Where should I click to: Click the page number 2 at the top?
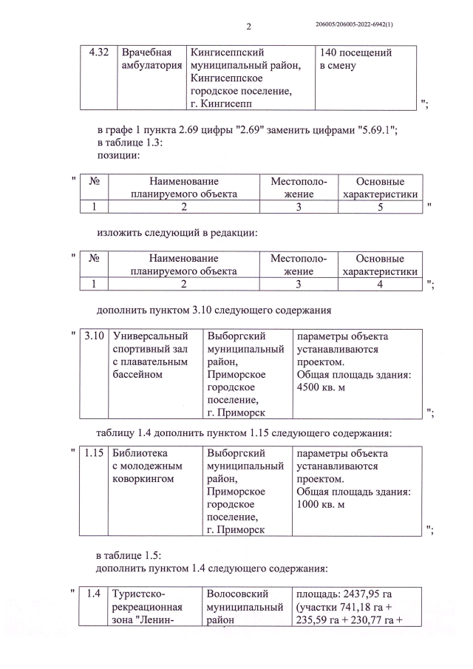248,27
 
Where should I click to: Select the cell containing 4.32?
98,53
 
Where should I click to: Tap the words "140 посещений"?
355,53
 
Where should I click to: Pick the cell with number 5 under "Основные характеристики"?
380,207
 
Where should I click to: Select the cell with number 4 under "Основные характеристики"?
380,283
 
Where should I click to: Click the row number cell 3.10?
94,337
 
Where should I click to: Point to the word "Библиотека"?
140,453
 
